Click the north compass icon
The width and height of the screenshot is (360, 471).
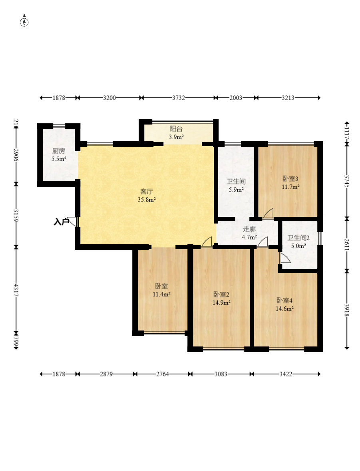pos(24,22)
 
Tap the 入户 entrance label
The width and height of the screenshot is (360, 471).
pos(61,222)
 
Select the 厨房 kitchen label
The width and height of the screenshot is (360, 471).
pos(59,151)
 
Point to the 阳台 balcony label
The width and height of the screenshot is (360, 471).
pos(176,129)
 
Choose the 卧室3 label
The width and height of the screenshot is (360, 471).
pos(290,179)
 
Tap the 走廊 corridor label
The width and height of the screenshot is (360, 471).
pos(249,229)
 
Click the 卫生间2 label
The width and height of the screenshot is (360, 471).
pos(298,238)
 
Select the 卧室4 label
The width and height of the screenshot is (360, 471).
pos(284,301)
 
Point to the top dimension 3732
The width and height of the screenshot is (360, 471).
pos(178,98)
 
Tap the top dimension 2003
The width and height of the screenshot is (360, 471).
pos(236,98)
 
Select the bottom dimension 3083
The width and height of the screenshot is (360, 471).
pos(221,374)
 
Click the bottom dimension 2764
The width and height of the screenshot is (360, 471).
pos(162,374)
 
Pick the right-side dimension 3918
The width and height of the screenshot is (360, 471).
pos(347,310)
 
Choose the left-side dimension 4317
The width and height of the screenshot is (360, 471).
pos(16,291)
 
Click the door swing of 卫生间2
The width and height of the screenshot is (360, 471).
pos(285,258)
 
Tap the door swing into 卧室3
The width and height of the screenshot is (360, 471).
pos(269,213)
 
